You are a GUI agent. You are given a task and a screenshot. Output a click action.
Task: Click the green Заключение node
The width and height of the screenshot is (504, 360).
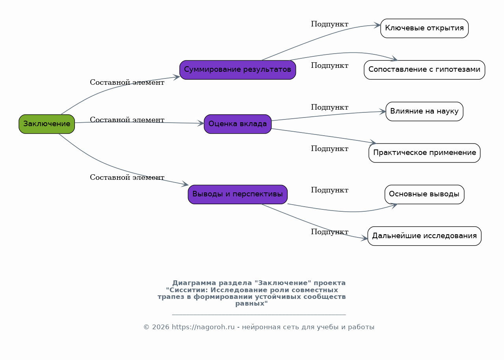click(x=46, y=124)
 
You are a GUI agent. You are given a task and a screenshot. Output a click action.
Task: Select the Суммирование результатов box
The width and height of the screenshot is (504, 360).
click(x=238, y=70)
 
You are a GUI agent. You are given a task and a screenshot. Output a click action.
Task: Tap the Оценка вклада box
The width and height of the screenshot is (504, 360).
click(x=238, y=124)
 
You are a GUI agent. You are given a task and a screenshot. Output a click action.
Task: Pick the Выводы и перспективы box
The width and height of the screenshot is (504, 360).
click(x=238, y=194)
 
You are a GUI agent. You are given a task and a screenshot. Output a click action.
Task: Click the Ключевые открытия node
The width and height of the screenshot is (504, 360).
click(x=424, y=28)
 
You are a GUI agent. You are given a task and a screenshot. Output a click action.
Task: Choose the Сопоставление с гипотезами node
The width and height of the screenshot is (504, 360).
click(x=424, y=70)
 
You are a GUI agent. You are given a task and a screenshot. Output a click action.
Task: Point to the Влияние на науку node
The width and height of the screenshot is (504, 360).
click(x=424, y=112)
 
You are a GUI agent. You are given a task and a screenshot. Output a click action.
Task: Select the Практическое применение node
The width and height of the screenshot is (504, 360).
click(x=424, y=153)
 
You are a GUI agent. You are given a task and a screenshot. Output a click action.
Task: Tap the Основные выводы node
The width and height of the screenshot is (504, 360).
click(x=424, y=194)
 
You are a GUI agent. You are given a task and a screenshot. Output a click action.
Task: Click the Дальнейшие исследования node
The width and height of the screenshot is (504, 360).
click(x=424, y=236)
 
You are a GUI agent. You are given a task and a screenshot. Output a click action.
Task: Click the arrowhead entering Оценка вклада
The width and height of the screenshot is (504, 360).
click(x=201, y=123)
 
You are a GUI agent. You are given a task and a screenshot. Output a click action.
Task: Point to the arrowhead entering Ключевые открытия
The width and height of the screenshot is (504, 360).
click(x=378, y=25)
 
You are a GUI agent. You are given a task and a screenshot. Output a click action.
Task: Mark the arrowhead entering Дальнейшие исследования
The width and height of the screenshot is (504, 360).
click(x=364, y=238)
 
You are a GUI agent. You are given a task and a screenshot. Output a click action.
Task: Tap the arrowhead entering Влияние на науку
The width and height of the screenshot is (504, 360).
click(x=383, y=112)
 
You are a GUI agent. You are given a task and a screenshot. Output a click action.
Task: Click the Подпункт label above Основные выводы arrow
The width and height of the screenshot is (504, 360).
click(x=329, y=190)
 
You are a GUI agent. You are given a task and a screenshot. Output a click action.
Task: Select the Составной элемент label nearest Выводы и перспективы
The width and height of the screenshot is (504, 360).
click(x=127, y=177)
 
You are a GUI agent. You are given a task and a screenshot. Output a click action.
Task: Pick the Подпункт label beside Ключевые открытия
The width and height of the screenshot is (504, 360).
click(x=329, y=24)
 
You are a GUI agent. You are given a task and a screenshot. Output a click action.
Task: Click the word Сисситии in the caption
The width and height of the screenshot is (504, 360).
click(x=185, y=290)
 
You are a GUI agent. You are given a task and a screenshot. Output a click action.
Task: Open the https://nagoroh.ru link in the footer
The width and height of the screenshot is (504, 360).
click(x=203, y=327)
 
